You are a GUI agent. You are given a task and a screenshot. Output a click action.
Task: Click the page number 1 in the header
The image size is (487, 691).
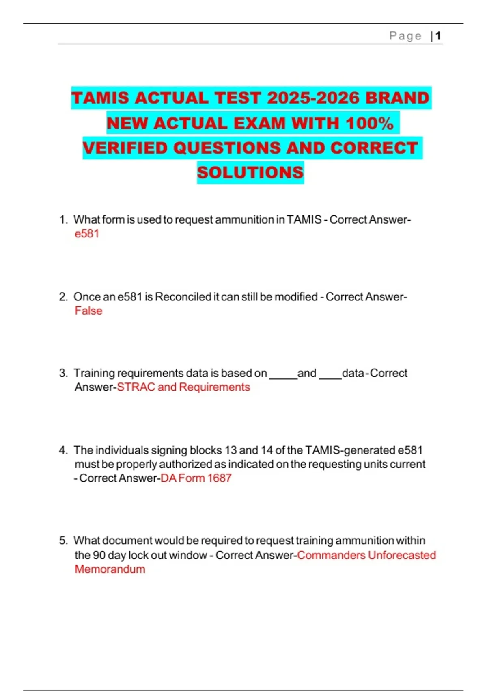point(438,36)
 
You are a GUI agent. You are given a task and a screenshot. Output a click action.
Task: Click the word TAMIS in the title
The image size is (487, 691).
point(100,98)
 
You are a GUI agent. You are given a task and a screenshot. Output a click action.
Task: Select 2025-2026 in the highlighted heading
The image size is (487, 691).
point(313,98)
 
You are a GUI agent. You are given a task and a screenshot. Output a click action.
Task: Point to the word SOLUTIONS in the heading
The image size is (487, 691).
point(250,173)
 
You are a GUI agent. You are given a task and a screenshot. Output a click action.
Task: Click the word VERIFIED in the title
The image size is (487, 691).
point(125,148)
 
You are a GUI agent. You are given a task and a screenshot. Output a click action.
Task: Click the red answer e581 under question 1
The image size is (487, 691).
point(87,234)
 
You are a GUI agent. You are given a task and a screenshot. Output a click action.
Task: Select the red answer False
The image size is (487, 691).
point(88,311)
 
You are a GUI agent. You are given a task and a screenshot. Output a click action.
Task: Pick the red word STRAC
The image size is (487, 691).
point(136,387)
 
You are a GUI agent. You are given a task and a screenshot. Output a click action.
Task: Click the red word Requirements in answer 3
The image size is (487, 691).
point(214,387)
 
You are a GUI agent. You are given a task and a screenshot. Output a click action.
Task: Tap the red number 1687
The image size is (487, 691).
point(219,478)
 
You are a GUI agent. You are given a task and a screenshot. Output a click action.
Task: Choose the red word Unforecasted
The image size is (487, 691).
point(402,555)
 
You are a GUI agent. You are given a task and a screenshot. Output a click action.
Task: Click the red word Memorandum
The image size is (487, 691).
point(110,569)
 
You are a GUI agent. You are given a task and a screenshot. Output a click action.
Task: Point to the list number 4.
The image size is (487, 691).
point(63,450)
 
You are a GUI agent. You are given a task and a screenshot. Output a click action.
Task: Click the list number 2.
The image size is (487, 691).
point(63,297)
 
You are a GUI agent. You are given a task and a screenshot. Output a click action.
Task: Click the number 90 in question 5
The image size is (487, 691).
point(99,555)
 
